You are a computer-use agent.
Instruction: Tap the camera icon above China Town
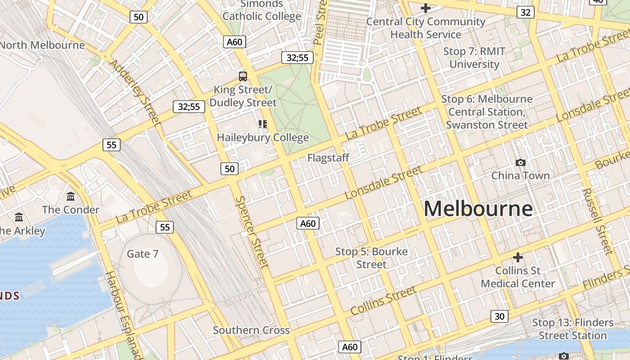[521, 162]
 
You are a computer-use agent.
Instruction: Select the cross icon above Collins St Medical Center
[518, 257]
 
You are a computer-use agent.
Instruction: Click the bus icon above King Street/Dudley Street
[243, 76]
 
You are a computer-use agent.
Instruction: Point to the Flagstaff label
[328, 158]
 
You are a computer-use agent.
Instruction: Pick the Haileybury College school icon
[263, 124]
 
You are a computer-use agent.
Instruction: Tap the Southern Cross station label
[251, 330]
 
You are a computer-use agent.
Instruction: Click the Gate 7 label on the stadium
[142, 254]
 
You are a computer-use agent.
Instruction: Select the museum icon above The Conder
[71, 197]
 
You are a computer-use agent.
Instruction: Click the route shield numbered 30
[499, 316]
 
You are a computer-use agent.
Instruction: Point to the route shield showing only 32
[525, 13]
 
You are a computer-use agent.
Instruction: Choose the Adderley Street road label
[135, 92]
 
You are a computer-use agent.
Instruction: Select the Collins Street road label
[383, 301]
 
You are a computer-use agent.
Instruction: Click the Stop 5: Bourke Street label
[371, 258]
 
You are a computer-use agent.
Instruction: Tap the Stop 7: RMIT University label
[474, 58]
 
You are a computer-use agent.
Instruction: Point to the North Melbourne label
[42, 45]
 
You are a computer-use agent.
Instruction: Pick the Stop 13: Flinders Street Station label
[573, 329]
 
